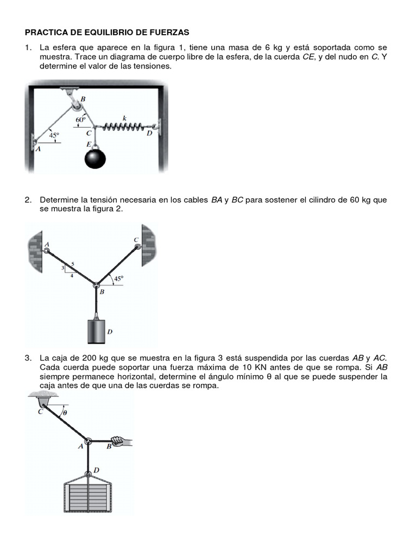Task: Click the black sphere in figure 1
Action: point(95,159)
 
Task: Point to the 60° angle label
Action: point(81,119)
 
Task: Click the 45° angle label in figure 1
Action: point(54,136)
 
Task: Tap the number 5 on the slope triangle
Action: point(72,264)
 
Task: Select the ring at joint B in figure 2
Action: point(96,286)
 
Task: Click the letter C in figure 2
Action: point(136,240)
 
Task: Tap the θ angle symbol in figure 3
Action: point(65,413)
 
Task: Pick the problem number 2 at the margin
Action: point(27,200)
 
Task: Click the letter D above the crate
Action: point(96,470)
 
